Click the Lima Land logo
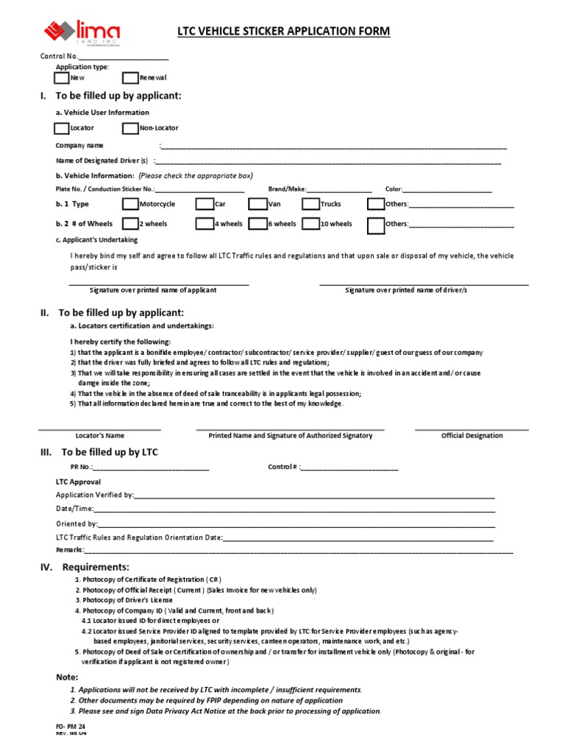pos(81,32)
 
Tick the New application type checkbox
pos(62,77)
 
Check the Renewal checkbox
pos(130,77)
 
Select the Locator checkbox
pos(62,128)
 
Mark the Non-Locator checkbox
pos(130,128)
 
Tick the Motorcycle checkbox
pos(130,204)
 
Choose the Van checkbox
pos(257,204)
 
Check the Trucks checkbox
pos(310,204)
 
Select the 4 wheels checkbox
pos(205,224)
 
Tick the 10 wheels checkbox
pos(310,224)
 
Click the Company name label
pos(79,146)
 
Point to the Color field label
pos(393,189)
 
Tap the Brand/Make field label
pos(285,189)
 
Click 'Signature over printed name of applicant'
pos(152,290)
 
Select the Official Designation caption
pos(472,436)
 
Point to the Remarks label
pos(70,550)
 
